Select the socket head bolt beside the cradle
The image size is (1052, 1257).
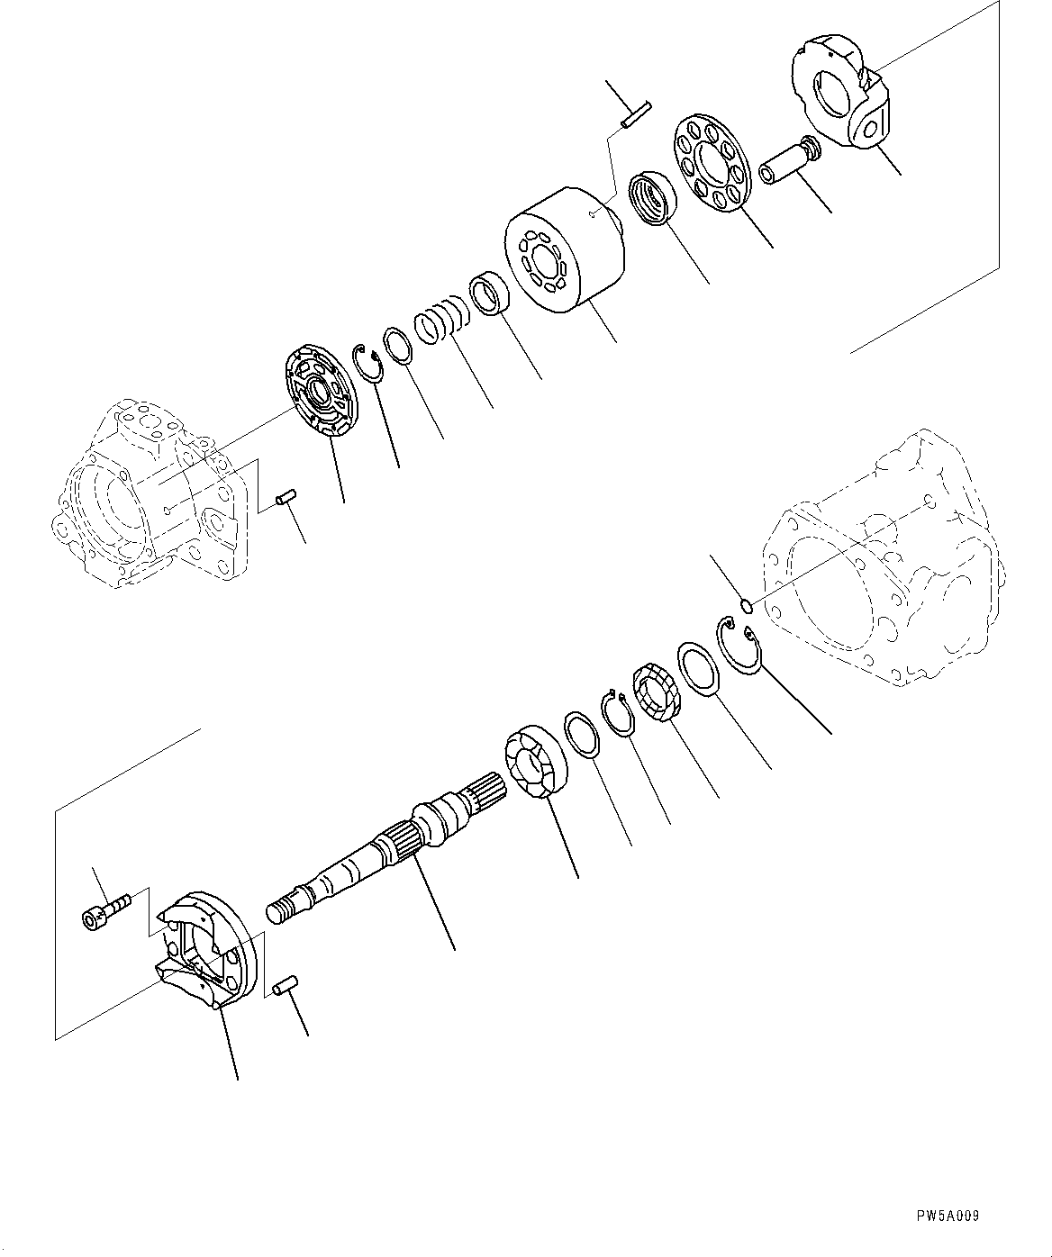pos(105,907)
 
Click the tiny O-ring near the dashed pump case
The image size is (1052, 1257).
pos(745,604)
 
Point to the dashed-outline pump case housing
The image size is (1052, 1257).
pos(883,558)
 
